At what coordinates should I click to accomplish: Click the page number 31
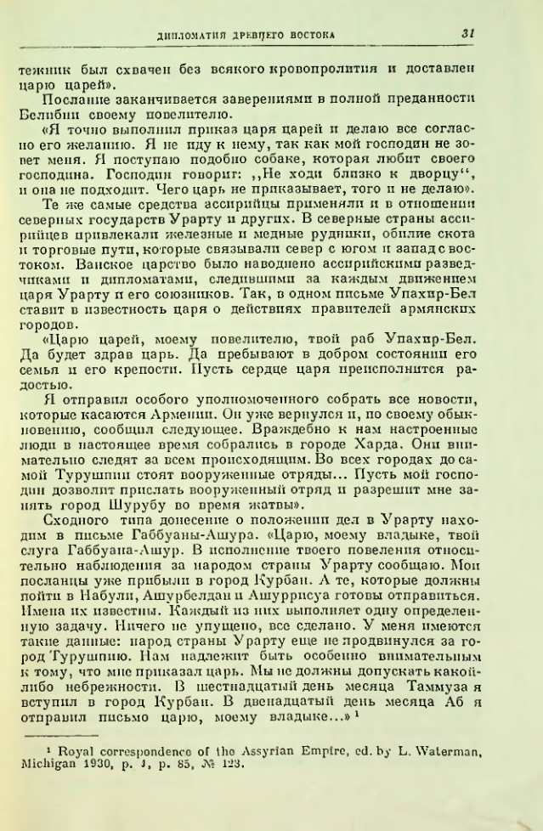click(467, 33)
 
